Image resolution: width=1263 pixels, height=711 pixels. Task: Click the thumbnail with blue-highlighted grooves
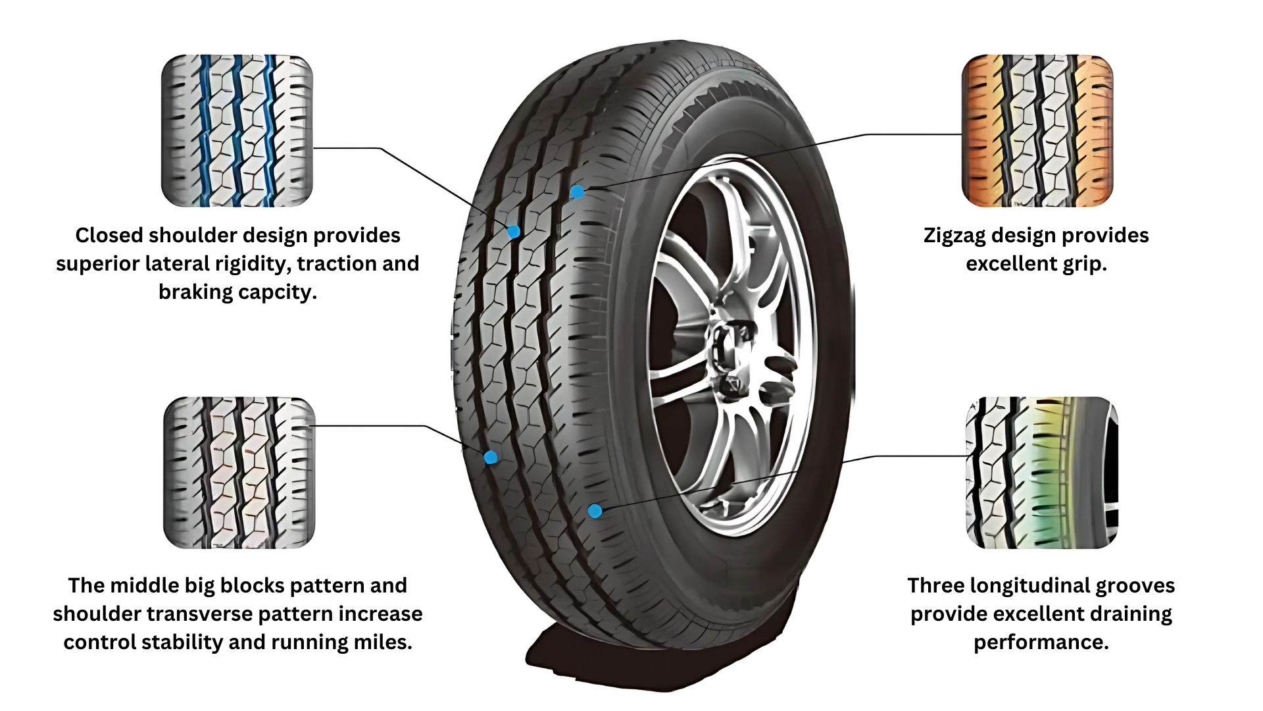[x=237, y=130]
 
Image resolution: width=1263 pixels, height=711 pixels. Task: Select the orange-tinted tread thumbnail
[x=1037, y=130]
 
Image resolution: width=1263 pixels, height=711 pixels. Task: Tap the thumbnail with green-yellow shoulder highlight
[x=1042, y=472]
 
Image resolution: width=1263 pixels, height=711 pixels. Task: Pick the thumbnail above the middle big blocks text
[x=239, y=472]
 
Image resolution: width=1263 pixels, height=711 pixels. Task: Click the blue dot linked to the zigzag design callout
[x=577, y=192]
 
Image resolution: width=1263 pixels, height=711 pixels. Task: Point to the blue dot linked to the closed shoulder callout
[x=514, y=231]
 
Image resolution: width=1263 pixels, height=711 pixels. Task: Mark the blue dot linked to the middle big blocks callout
[x=490, y=457]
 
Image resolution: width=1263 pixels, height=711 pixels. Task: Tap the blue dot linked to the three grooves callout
[x=595, y=511]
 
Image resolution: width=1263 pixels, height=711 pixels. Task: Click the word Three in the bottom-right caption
[x=935, y=585]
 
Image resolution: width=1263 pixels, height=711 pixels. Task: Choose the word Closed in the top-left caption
[x=109, y=235]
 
